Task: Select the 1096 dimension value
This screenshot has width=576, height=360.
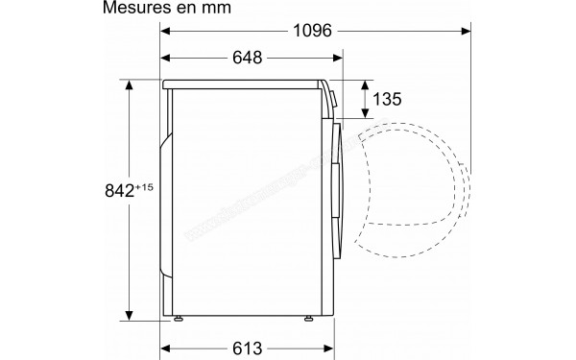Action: [x=312, y=31]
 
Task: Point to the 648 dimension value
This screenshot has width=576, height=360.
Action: [x=247, y=59]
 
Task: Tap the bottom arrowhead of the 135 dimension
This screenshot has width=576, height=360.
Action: [x=365, y=113]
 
